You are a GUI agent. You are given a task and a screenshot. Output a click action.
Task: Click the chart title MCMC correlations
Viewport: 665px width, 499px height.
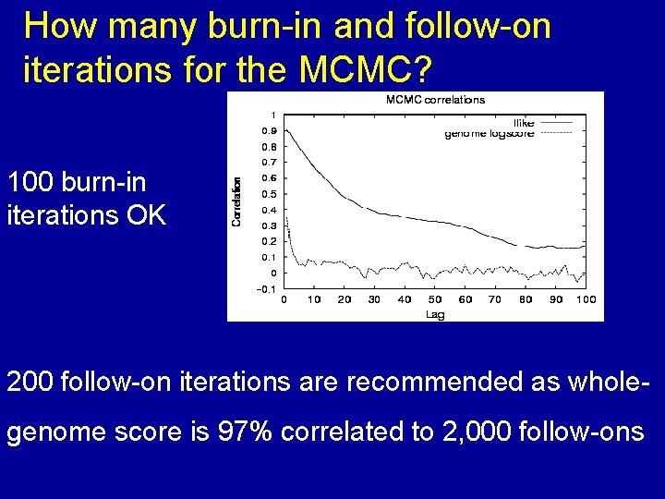[434, 100]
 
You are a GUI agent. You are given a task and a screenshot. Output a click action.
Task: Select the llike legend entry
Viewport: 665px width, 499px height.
[524, 123]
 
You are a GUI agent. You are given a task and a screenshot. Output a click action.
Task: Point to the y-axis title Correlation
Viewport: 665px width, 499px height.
[236, 202]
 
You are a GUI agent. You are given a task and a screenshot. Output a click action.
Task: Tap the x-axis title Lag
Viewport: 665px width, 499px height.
[435, 314]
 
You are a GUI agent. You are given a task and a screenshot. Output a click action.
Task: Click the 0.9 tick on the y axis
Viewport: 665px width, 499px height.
[268, 131]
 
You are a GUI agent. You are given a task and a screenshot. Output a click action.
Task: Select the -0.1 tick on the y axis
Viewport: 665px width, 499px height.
[266, 289]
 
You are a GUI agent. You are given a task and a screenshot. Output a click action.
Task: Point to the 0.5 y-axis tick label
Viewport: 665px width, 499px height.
[268, 194]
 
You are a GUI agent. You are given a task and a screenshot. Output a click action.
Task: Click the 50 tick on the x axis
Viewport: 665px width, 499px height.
[435, 299]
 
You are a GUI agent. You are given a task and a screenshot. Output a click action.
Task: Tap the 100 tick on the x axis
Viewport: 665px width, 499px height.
[586, 299]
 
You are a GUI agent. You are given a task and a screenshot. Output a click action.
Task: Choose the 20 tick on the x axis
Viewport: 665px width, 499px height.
[345, 299]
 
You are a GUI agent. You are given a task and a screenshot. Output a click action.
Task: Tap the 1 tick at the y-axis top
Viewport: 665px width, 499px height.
[272, 116]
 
